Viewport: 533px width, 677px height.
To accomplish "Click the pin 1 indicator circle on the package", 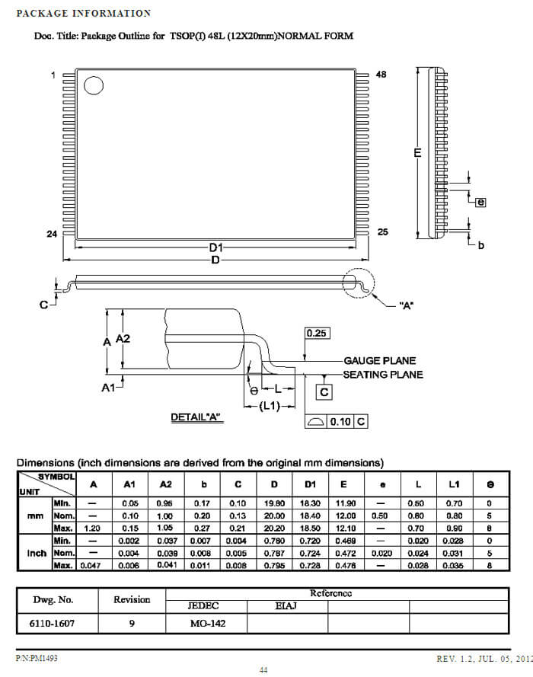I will (93, 86).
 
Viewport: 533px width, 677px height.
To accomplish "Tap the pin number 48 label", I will (381, 75).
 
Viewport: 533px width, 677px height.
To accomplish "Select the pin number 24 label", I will (52, 234).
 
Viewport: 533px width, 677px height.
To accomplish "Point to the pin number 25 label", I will (382, 232).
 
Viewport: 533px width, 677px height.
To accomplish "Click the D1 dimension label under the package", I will (215, 247).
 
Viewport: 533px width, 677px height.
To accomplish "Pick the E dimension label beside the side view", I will (417, 153).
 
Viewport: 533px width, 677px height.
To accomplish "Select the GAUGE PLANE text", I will (379, 361).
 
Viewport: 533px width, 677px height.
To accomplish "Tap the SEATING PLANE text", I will (382, 375).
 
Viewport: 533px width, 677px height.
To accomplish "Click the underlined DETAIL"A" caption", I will (196, 417).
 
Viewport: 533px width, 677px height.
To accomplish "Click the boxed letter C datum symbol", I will (324, 392).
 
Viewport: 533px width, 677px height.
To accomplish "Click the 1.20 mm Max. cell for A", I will (93, 527).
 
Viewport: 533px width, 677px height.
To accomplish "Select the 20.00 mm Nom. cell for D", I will (272, 516).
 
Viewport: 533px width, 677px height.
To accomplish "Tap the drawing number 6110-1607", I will (53, 624).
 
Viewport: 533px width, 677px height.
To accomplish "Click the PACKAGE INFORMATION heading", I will (83, 13).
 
